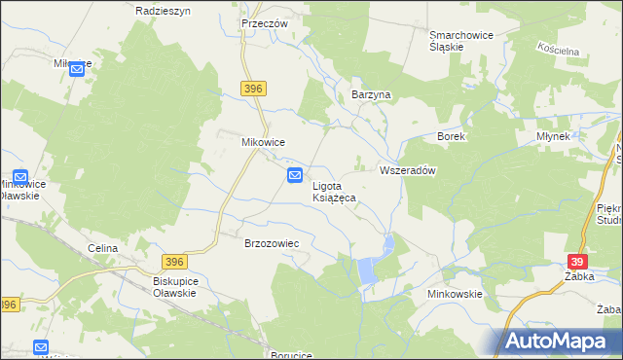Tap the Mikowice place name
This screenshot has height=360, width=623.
pos(263,141)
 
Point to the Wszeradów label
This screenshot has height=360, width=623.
pos(406,169)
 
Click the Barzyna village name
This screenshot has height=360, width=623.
pos(370,95)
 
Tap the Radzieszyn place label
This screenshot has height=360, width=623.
pos(163,10)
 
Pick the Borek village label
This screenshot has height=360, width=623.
pos(452,137)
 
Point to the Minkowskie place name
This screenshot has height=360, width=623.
pos(455,293)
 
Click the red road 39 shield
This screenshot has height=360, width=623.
pos(577,263)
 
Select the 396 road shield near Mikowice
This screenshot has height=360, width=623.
pos(254,90)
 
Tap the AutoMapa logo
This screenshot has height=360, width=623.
pos(560,341)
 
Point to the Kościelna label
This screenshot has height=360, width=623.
pos(558,48)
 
